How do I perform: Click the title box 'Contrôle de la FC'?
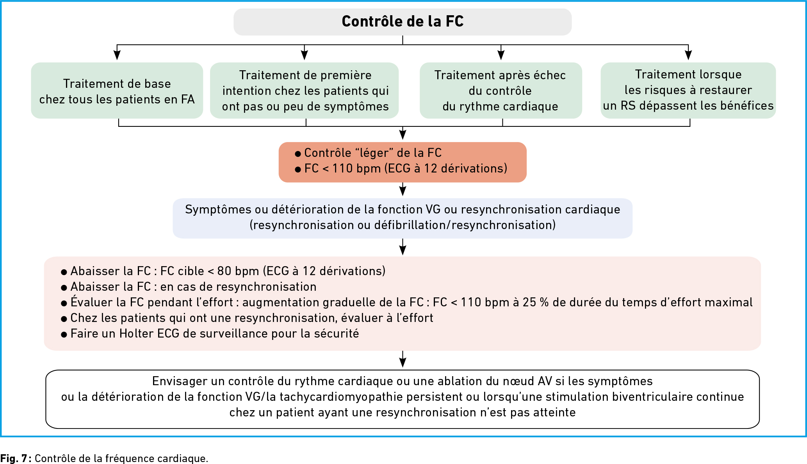[x=403, y=22]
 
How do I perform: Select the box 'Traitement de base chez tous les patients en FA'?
[x=117, y=91]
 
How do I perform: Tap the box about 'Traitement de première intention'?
[x=305, y=91]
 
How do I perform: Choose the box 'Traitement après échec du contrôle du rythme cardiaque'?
[x=501, y=91]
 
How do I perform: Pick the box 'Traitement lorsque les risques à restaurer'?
[x=688, y=91]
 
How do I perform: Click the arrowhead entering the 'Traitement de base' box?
[x=117, y=55]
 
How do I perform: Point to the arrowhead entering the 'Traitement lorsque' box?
[x=688, y=55]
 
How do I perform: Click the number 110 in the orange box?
[x=342, y=169]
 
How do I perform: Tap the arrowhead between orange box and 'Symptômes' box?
[x=403, y=191]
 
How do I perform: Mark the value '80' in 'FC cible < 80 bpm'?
[x=224, y=271]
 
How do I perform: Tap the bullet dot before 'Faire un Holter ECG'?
[x=64, y=335]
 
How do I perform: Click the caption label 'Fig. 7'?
[x=14, y=458]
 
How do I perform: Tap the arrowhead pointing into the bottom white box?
[x=403, y=363]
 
